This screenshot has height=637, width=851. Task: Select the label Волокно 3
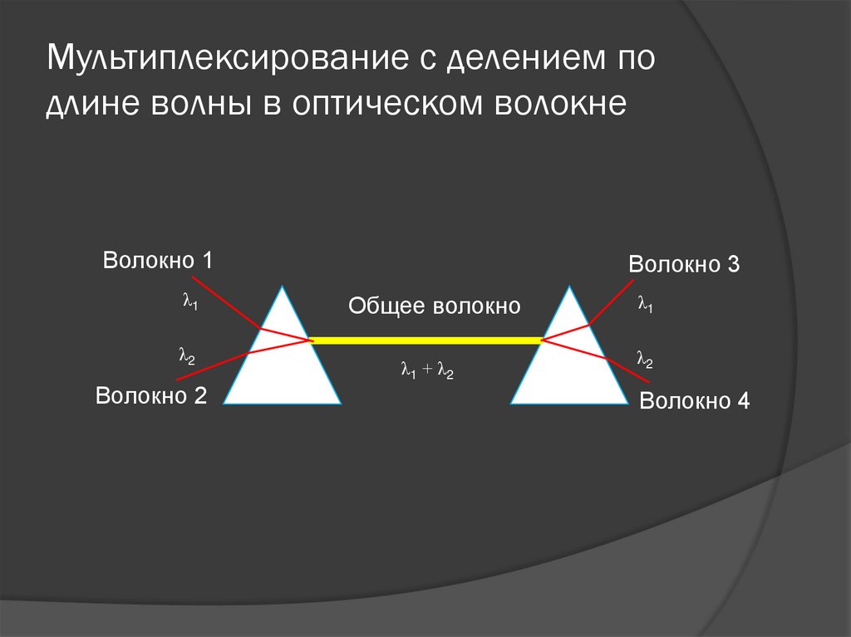(x=684, y=265)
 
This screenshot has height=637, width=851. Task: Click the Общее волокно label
(x=434, y=306)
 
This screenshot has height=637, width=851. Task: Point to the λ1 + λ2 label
(x=426, y=370)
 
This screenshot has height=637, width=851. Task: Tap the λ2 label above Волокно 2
(x=186, y=355)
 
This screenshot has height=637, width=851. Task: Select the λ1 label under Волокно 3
(x=645, y=305)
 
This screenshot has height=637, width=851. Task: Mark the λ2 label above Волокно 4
(x=644, y=359)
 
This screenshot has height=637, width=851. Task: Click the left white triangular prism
(x=283, y=365)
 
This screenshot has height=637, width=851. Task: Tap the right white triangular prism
(x=569, y=370)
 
